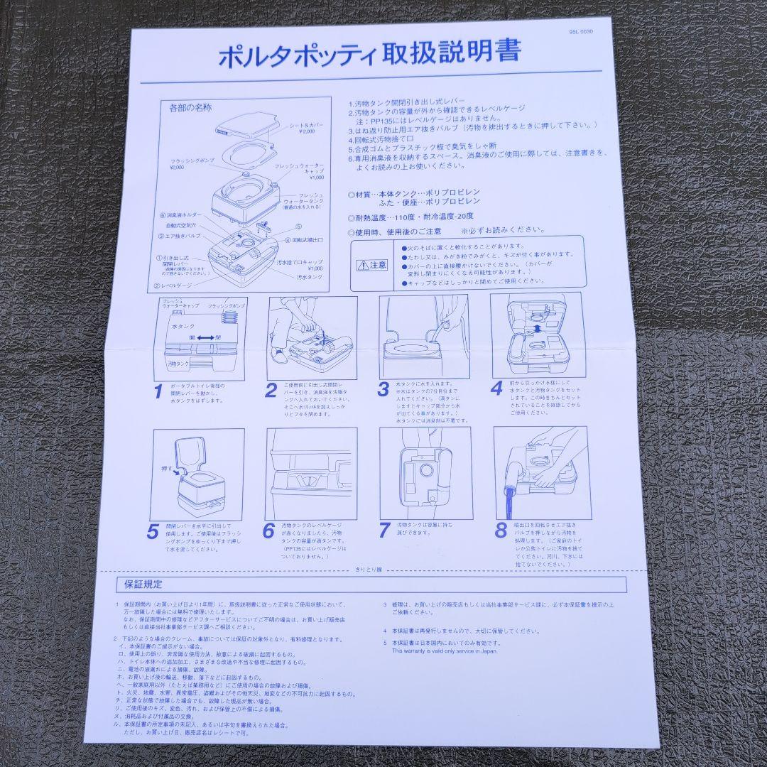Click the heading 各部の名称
point(190,109)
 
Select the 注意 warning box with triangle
point(373,265)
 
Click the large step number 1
point(158,391)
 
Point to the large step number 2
point(271,390)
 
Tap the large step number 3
point(383,389)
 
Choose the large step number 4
point(496,388)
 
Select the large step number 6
point(268,531)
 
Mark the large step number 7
point(384,530)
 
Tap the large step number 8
point(501,530)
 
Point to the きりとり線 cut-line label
point(369,570)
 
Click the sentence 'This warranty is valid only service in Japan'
point(445,651)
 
